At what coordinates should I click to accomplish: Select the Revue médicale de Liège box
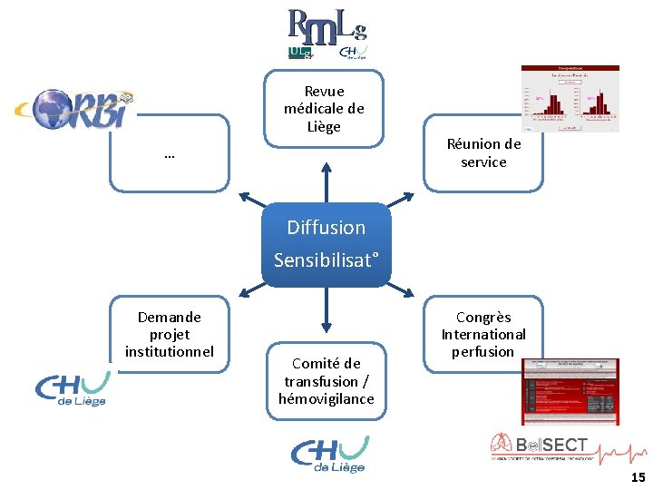324,109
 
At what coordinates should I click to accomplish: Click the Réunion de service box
483,152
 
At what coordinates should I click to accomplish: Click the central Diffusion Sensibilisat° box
326,244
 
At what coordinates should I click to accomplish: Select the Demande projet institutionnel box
170,333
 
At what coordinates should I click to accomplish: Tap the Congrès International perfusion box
483,334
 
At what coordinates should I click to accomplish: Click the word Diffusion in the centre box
326,228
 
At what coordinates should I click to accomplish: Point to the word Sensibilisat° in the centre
326,261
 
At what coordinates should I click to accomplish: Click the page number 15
638,477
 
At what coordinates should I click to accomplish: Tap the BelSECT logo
544,447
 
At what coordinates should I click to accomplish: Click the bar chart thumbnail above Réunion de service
570,98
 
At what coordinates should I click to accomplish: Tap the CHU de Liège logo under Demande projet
71,388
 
